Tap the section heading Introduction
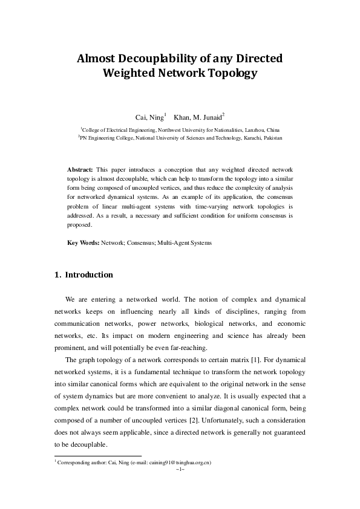88,275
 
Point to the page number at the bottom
180,468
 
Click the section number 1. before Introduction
57,275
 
